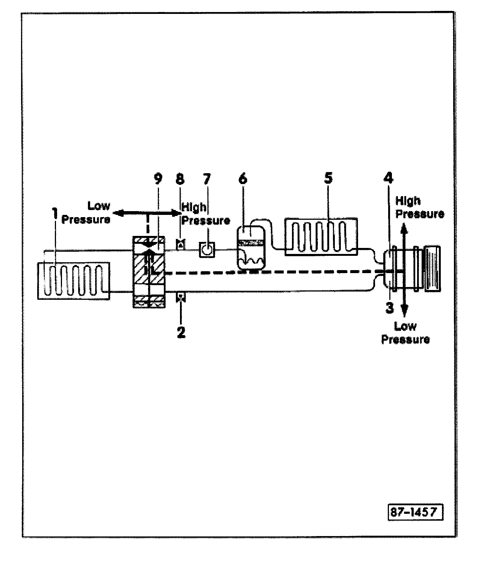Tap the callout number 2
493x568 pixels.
tap(181, 332)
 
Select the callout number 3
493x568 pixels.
tap(390, 308)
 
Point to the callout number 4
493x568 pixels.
tap(388, 178)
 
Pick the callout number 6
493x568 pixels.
tap(243, 179)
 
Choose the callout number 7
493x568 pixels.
tap(207, 179)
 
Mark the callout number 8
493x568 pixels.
tap(180, 179)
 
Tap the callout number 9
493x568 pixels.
tap(158, 179)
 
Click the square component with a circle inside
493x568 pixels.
tap(207, 249)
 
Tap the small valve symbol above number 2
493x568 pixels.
tap(181, 297)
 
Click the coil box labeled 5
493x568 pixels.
tap(321, 237)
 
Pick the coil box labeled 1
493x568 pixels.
tap(74, 281)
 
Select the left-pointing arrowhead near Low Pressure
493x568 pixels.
tap(118, 213)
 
